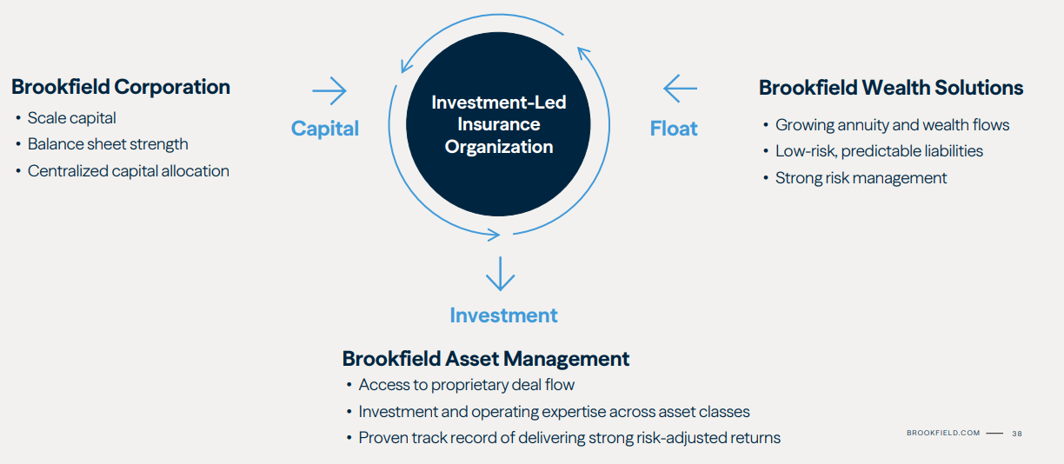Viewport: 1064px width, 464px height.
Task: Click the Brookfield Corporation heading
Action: pos(121,87)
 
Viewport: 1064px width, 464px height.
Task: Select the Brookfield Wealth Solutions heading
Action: pos(891,88)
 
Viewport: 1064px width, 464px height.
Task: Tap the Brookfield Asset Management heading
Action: pos(486,359)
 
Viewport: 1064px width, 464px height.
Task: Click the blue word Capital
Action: pos(325,129)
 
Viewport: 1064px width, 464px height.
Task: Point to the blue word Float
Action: pos(674,129)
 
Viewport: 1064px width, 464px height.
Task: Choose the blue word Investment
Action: pos(503,315)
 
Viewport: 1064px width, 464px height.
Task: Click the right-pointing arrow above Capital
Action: pos(329,90)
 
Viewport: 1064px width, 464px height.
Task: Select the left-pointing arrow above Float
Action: pos(680,89)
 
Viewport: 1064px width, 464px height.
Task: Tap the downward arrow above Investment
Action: pos(500,273)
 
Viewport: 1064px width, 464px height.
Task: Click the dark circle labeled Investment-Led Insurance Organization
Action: pos(498,124)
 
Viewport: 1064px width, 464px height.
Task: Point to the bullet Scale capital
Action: pos(71,118)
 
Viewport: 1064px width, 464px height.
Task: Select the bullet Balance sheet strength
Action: pos(108,144)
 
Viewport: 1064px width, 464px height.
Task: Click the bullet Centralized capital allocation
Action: pos(128,171)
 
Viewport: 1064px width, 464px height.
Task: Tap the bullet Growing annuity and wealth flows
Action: pos(892,125)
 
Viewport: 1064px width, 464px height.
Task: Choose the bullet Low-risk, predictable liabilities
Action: pos(879,151)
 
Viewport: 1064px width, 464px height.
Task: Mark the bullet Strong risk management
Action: pos(861,178)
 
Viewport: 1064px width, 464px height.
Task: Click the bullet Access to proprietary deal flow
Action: pos(466,385)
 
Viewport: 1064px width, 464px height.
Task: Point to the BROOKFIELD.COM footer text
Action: pos(943,433)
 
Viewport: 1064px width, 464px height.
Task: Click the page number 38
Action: pos(1017,433)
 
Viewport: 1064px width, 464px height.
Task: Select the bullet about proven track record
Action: pos(569,438)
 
